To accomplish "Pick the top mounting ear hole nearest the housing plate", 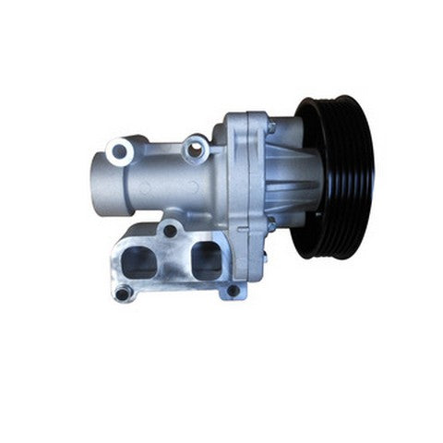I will pos(195,146).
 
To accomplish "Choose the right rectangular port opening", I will pos(205,258).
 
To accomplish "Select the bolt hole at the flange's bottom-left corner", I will pos(123,294).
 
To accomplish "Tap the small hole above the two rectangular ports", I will pos(172,230).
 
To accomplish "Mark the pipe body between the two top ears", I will pos(157,171).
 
